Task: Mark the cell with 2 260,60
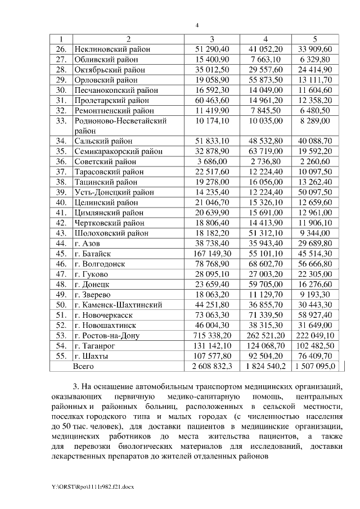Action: coord(316,161)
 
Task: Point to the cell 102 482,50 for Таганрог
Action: coord(316,346)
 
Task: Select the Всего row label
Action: coord(85,366)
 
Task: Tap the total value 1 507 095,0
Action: coord(316,366)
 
